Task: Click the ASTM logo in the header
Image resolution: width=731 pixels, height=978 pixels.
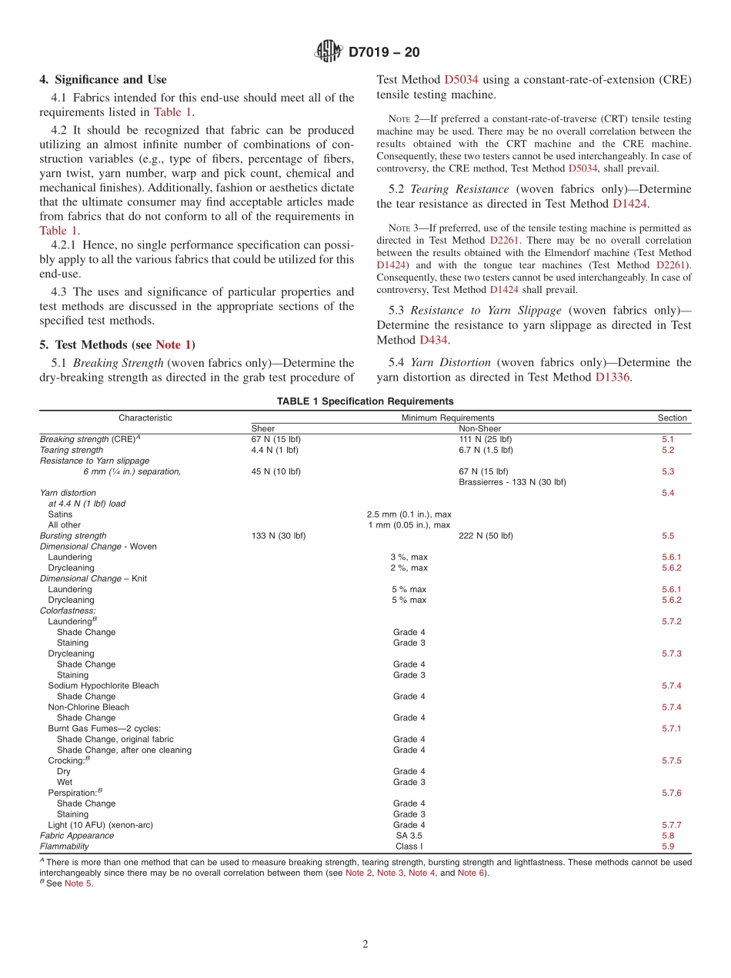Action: click(329, 52)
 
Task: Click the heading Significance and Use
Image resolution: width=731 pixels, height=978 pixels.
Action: click(103, 79)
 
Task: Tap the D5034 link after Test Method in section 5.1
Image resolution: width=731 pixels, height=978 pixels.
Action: click(462, 79)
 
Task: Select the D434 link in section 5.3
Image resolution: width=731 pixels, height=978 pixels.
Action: click(434, 339)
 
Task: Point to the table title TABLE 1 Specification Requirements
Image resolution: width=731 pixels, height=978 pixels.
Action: click(365, 401)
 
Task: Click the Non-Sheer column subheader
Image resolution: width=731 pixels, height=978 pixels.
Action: click(479, 428)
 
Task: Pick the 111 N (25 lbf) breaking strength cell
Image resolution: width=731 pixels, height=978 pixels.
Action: click(485, 439)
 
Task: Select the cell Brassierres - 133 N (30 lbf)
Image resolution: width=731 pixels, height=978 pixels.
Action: click(512, 482)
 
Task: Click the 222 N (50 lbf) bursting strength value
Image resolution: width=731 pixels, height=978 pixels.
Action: click(486, 536)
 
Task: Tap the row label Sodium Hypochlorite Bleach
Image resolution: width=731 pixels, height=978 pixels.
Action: click(103, 686)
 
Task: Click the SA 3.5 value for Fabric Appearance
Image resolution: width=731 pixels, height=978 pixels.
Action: click(409, 836)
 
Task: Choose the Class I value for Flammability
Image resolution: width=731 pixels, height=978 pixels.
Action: click(409, 847)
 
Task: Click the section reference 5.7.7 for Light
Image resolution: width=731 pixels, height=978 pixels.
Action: click(671, 825)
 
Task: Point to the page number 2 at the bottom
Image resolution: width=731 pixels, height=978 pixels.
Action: click(365, 945)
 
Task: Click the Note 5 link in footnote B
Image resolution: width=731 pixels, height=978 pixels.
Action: click(78, 883)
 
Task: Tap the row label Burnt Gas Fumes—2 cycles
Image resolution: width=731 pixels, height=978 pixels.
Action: click(104, 728)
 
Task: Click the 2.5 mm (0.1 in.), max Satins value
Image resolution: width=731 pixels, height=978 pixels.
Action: click(409, 514)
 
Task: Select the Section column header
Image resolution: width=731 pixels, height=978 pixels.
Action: click(672, 417)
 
